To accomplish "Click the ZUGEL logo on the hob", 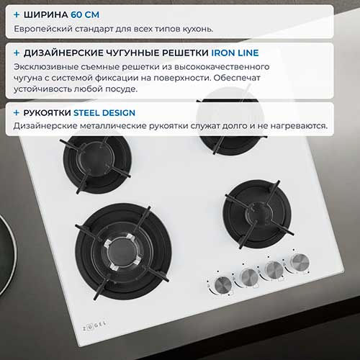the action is (94, 325).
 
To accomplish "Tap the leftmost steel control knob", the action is (223, 285).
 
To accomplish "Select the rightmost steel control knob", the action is (300, 262).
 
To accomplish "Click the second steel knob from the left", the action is (249, 277).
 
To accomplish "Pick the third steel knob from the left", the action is (274, 270).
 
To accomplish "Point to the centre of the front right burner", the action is (258, 214).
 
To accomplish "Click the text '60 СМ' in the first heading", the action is (85, 14).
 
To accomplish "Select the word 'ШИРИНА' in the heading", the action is (46, 14).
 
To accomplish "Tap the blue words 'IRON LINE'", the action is (235, 53).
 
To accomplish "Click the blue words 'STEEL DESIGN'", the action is (104, 113).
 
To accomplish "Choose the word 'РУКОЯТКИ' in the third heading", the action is (47, 113).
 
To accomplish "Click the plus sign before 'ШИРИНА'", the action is (17, 14).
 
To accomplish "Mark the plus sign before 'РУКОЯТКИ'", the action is (17, 112).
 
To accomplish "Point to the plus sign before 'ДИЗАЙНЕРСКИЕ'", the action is (17, 53).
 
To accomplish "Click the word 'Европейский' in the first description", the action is (43, 29).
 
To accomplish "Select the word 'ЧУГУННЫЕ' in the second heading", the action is (132, 53).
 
